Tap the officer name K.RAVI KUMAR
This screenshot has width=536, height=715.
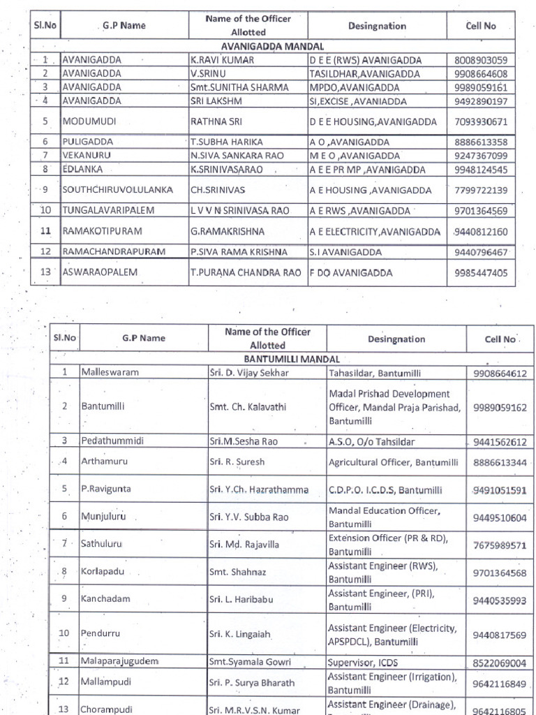click(x=223, y=60)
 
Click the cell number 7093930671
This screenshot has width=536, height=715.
click(x=481, y=121)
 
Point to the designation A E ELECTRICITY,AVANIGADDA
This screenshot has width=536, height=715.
click(x=375, y=232)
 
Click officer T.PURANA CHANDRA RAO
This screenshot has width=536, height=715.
click(x=246, y=273)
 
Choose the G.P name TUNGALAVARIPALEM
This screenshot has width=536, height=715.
click(x=108, y=210)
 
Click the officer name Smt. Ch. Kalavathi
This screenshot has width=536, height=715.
click(x=248, y=406)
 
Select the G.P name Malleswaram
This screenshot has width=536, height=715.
click(x=110, y=372)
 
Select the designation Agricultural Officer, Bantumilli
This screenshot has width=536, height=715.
click(x=393, y=462)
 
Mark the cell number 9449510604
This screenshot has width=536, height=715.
click(x=499, y=517)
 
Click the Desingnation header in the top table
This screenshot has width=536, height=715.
click(x=377, y=26)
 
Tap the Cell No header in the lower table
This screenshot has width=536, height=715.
click(x=499, y=339)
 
